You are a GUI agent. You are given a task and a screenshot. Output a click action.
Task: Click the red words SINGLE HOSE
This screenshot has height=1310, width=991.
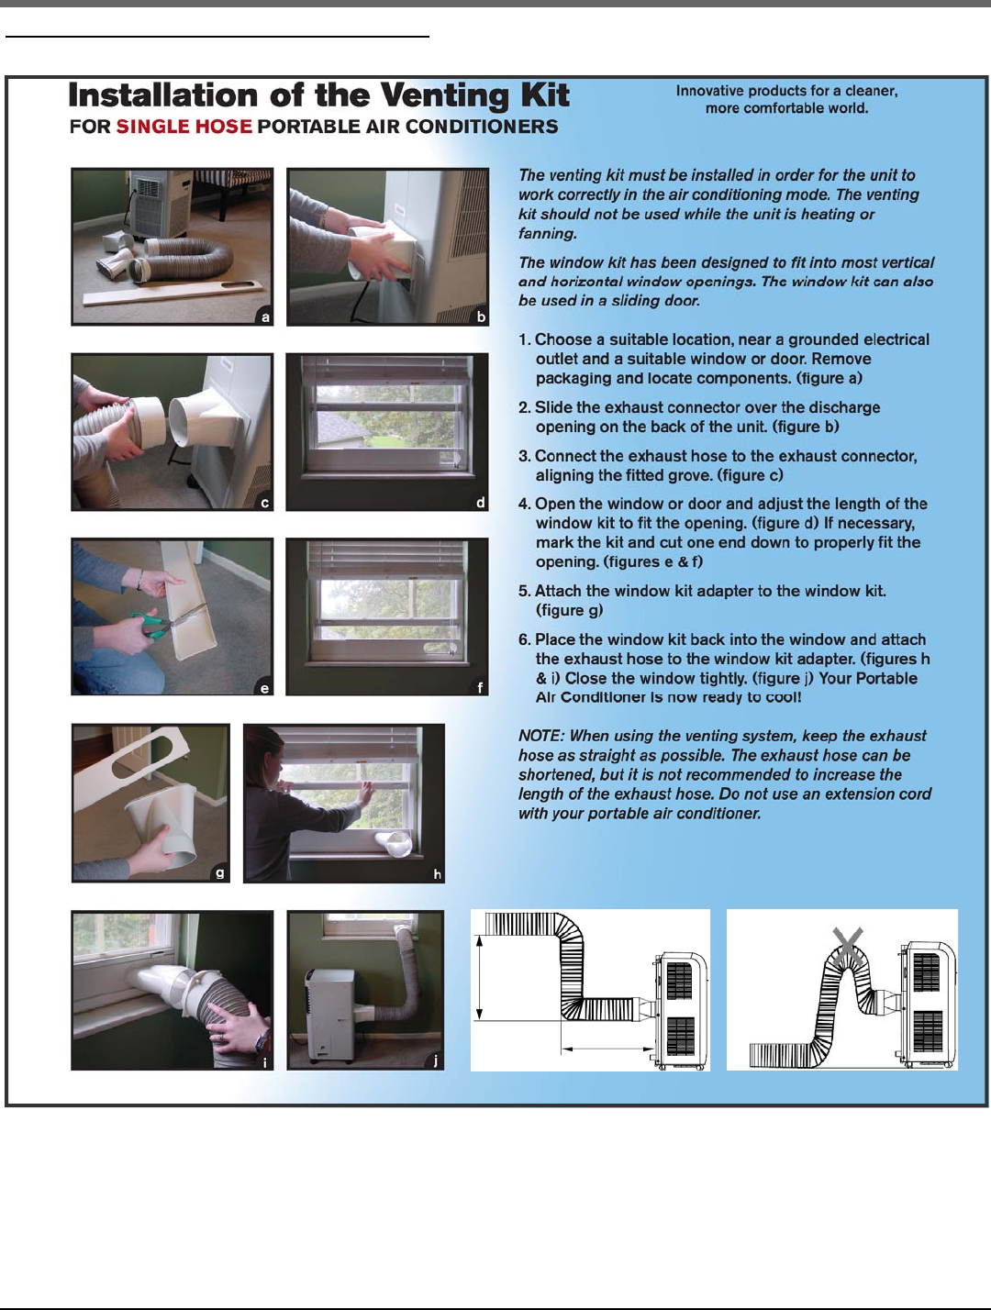184,127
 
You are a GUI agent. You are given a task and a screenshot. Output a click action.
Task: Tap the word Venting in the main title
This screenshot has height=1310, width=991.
446,96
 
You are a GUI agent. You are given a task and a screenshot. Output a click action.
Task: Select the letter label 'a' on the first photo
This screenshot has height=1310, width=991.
266,317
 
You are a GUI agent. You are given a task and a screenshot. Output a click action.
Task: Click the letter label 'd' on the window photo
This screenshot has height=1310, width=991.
481,503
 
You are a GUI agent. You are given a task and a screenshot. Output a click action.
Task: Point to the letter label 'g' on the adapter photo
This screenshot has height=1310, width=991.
219,873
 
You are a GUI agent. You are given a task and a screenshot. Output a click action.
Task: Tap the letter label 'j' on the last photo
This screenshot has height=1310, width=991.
436,1060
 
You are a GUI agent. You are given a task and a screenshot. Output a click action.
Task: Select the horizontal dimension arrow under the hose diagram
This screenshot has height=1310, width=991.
607,1048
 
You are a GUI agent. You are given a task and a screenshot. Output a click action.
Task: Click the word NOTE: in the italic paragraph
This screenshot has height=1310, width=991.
540,736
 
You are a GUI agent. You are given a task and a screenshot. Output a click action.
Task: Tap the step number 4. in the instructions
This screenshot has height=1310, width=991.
524,505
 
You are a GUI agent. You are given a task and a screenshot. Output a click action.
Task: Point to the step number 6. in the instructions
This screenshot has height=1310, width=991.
524,639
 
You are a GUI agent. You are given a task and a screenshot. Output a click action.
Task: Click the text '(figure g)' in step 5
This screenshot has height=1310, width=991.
570,611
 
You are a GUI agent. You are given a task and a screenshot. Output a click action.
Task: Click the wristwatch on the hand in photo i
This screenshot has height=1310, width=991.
262,1041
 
